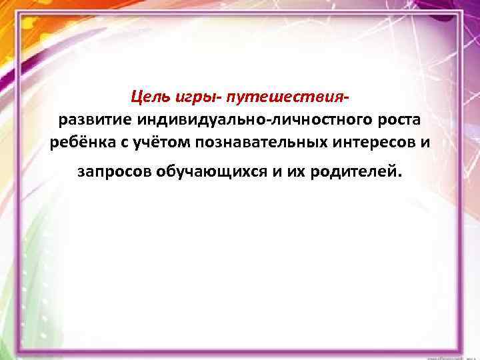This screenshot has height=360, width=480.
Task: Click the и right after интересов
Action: click(425, 143)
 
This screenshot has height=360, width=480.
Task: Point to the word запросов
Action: click(113, 171)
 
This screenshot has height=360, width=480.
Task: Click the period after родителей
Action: click(400, 175)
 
